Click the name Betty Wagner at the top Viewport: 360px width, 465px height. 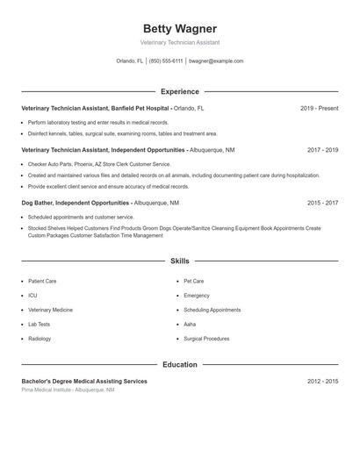(179, 29)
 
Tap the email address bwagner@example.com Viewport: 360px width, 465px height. (216, 61)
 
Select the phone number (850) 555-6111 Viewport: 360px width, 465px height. (166, 61)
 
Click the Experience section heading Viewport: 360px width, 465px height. (179, 91)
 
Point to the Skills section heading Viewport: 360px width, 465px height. (179, 261)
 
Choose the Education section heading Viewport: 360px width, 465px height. (179, 364)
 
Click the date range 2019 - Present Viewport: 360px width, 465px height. (319, 108)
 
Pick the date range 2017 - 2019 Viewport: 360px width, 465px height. (322, 150)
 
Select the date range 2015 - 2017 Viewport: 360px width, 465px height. (322, 203)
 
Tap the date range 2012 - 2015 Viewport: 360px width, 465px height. (322, 382)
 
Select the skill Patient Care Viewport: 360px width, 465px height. (42, 282)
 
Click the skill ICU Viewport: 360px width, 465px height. (32, 296)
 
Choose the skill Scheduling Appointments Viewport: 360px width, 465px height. (212, 310)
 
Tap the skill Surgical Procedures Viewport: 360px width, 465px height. (206, 338)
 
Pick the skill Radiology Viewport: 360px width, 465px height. (40, 338)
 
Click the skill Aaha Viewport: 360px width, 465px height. (190, 324)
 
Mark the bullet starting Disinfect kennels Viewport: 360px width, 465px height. (122, 133)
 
